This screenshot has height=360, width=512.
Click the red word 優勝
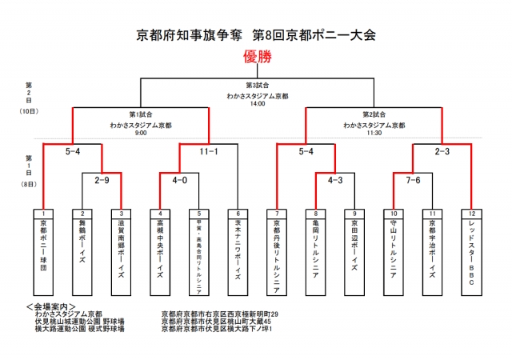[x=256, y=57]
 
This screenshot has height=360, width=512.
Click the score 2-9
[x=102, y=180]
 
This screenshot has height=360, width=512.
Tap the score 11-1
[x=210, y=150]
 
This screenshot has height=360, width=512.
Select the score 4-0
[x=179, y=180]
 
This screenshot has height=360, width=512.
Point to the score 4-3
[x=335, y=180]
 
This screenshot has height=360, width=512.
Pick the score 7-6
[x=413, y=180]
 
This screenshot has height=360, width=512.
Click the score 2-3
[x=443, y=150]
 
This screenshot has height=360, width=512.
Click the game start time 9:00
[x=141, y=133]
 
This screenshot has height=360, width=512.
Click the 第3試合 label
[x=256, y=85]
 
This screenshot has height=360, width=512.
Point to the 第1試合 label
[x=141, y=114]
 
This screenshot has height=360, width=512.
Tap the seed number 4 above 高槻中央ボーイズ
[x=160, y=214]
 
